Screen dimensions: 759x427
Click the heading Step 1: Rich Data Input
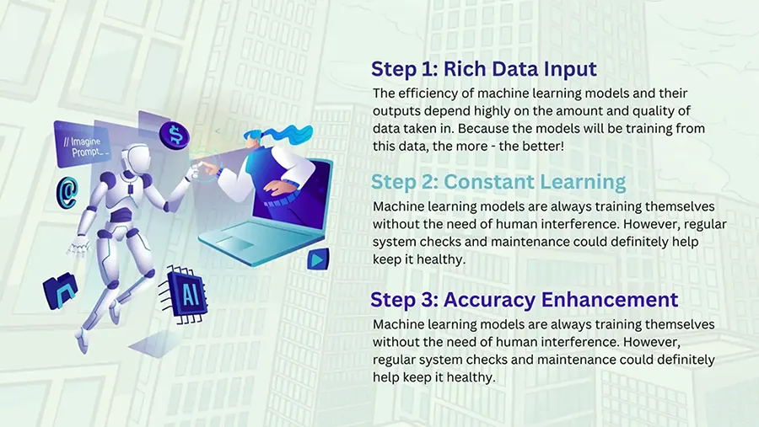pyautogui.click(x=483, y=69)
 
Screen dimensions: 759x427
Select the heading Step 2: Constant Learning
pyautogui.click(x=498, y=182)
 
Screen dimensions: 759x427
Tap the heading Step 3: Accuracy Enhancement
pyautogui.click(x=525, y=299)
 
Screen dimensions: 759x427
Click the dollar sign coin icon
pyautogui.click(x=175, y=135)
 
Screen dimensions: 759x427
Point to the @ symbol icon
pyautogui.click(x=67, y=192)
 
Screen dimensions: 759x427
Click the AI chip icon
pyautogui.click(x=185, y=294)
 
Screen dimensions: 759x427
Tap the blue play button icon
pyautogui.click(x=318, y=259)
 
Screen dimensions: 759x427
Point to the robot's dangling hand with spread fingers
pyautogui.click(x=79, y=247)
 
